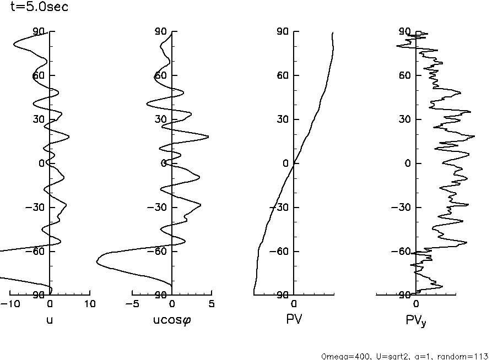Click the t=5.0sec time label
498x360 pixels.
pyautogui.click(x=40, y=8)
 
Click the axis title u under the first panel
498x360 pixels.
pyautogui.click(x=50, y=319)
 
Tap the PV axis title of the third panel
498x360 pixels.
pyautogui.click(x=294, y=319)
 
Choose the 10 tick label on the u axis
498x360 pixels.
pyautogui.click(x=90, y=303)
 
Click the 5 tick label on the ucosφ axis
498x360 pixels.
pyautogui.click(x=212, y=303)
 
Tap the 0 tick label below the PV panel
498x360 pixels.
pyautogui.click(x=294, y=303)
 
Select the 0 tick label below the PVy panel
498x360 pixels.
pyautogui.click(x=416, y=303)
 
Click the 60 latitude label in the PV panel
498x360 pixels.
pyautogui.click(x=284, y=75)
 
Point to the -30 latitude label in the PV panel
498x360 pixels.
pyautogui.click(x=281, y=208)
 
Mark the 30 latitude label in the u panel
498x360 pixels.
pyautogui.click(x=40, y=119)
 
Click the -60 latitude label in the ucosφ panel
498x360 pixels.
pyautogui.click(x=159, y=252)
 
